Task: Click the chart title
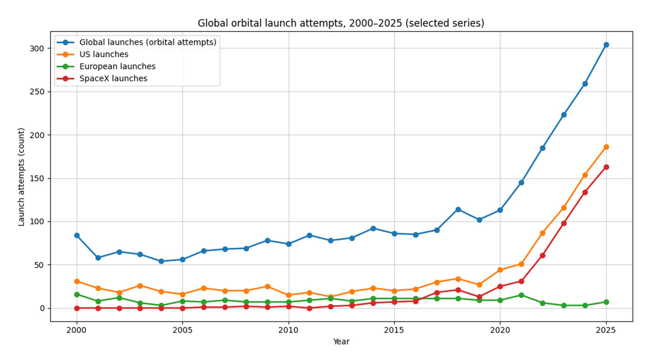(x=341, y=23)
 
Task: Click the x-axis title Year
(x=341, y=341)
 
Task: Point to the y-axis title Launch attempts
(x=22, y=177)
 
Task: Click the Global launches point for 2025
(x=606, y=45)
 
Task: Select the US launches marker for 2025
(x=606, y=147)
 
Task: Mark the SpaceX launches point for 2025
(x=606, y=167)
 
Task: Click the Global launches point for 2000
(x=77, y=235)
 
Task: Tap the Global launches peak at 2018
(x=458, y=209)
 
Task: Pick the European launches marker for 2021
(x=521, y=295)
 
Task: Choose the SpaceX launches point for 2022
(x=543, y=255)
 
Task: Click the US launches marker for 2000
(x=77, y=281)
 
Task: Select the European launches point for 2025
(x=606, y=302)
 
